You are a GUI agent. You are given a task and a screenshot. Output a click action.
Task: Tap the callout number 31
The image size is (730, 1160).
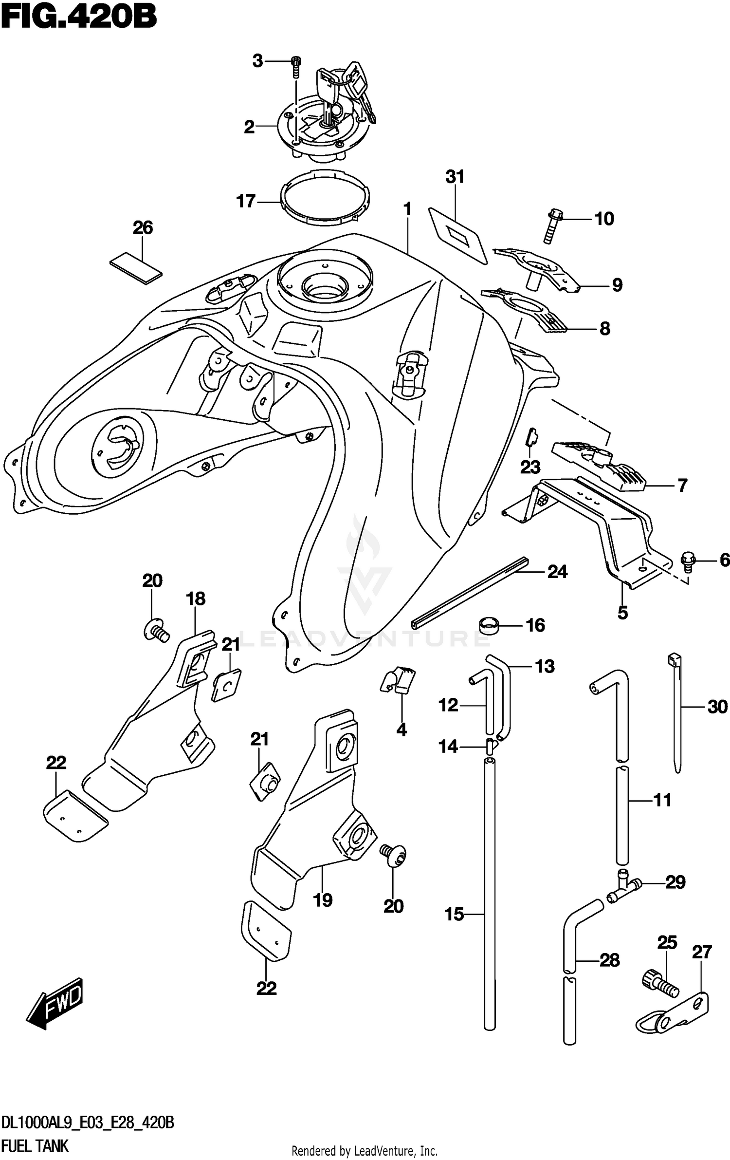click(x=455, y=177)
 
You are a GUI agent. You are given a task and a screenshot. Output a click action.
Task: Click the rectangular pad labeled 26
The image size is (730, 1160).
click(x=136, y=267)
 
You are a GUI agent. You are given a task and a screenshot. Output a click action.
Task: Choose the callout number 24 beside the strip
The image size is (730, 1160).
click(x=557, y=571)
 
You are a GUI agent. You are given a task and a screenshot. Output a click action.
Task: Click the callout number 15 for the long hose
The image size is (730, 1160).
click(x=454, y=915)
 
